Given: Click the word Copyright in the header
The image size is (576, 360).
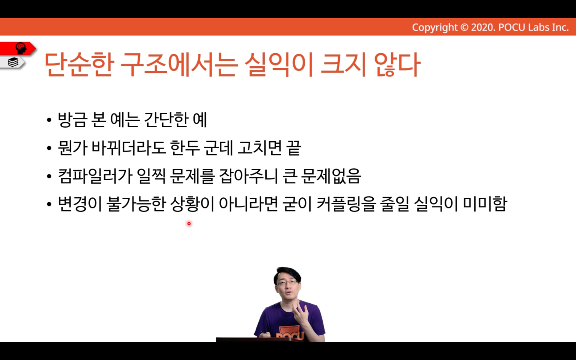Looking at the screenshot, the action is click(435, 27).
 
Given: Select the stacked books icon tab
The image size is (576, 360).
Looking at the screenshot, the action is click(13, 62).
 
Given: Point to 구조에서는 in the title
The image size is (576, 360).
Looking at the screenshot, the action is click(178, 64).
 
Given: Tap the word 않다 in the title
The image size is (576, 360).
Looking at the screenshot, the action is click(397, 64).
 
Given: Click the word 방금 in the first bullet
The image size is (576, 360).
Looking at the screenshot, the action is click(72, 120).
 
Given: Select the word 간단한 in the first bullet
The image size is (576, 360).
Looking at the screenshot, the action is click(166, 120).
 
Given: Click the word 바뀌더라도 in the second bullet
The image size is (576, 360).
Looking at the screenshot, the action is click(128, 148).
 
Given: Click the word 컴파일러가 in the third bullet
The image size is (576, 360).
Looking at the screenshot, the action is click(95, 176).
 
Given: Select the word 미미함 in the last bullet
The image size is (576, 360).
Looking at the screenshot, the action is click(485, 204).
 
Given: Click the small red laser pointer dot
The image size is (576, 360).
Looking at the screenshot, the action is click(189, 224).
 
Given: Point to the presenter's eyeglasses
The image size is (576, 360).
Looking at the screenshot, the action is click(287, 283).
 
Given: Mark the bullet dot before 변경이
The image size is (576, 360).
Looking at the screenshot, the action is click(49, 205).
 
